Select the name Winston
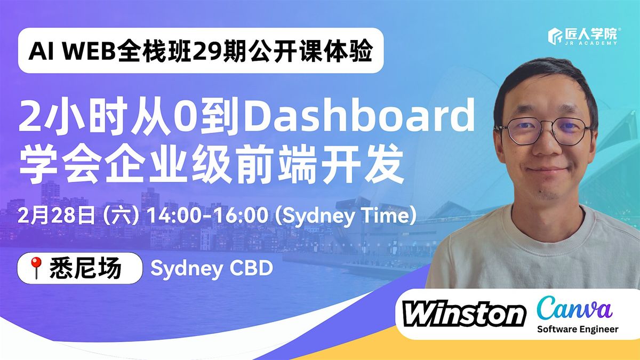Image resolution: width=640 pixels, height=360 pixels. tap(465, 314)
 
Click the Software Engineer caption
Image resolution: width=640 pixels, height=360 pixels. tap(578, 329)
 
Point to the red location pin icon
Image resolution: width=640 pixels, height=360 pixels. tap(36, 268)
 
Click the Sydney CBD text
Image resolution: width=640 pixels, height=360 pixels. tap(212, 269)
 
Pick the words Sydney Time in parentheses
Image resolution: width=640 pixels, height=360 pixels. tap(345, 217)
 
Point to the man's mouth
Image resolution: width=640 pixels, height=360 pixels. tap(547, 170)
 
